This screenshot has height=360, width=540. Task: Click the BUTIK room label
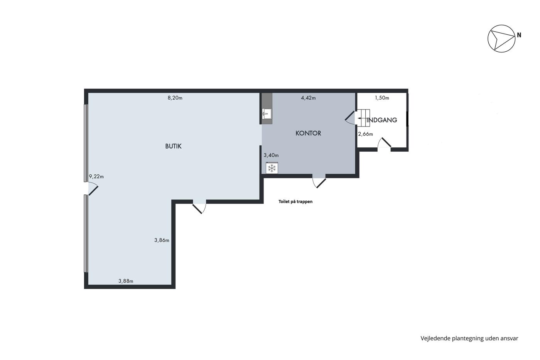point(173,146)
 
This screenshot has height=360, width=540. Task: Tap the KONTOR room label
point(308,133)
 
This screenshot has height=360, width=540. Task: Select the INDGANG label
point(381,120)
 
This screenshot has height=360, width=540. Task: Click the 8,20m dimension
point(175,98)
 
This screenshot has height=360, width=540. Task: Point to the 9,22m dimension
point(96,176)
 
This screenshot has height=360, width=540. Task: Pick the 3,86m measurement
point(162,240)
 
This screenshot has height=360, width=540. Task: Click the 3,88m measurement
point(126,281)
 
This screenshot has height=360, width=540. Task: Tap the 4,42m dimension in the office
point(308,98)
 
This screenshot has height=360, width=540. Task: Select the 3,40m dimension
point(271,155)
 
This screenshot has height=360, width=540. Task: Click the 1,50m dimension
point(382,98)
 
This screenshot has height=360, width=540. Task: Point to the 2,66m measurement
point(366,134)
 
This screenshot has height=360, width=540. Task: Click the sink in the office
point(267,113)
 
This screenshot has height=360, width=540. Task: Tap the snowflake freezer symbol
point(272,168)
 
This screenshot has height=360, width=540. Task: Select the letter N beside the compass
point(519,35)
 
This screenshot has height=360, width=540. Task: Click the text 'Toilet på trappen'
point(295,201)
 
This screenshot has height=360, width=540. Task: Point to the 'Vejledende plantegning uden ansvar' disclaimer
point(469,338)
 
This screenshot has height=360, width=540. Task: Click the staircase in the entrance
point(363,118)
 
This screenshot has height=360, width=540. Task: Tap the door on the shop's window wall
point(93,188)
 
